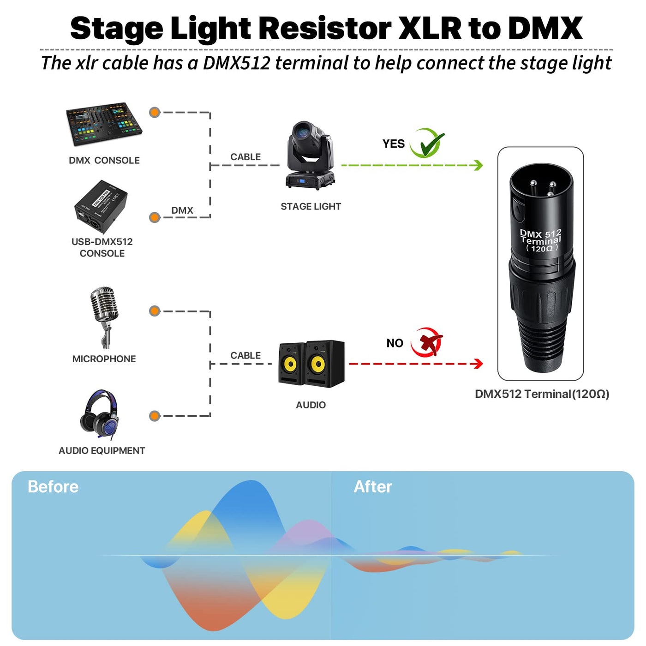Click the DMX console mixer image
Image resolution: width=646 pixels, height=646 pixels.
tap(104, 124)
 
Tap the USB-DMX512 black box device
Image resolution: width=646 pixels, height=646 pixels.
tap(101, 207)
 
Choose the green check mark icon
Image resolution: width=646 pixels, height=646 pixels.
tap(427, 143)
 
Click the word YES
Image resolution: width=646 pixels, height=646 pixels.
tap(393, 144)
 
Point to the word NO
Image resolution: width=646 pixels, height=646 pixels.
tap(395, 343)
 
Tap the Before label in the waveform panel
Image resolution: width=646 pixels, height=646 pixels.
tap(53, 487)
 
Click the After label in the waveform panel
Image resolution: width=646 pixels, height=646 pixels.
tap(373, 487)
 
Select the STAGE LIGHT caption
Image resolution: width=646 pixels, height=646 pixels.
tap(311, 206)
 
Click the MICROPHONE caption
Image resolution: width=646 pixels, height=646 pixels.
tap(104, 359)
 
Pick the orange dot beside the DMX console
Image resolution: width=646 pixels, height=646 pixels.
tap(155, 112)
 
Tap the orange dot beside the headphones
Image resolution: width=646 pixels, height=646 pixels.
tap(155, 416)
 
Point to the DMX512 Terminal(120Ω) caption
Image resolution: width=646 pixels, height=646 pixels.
tap(542, 394)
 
